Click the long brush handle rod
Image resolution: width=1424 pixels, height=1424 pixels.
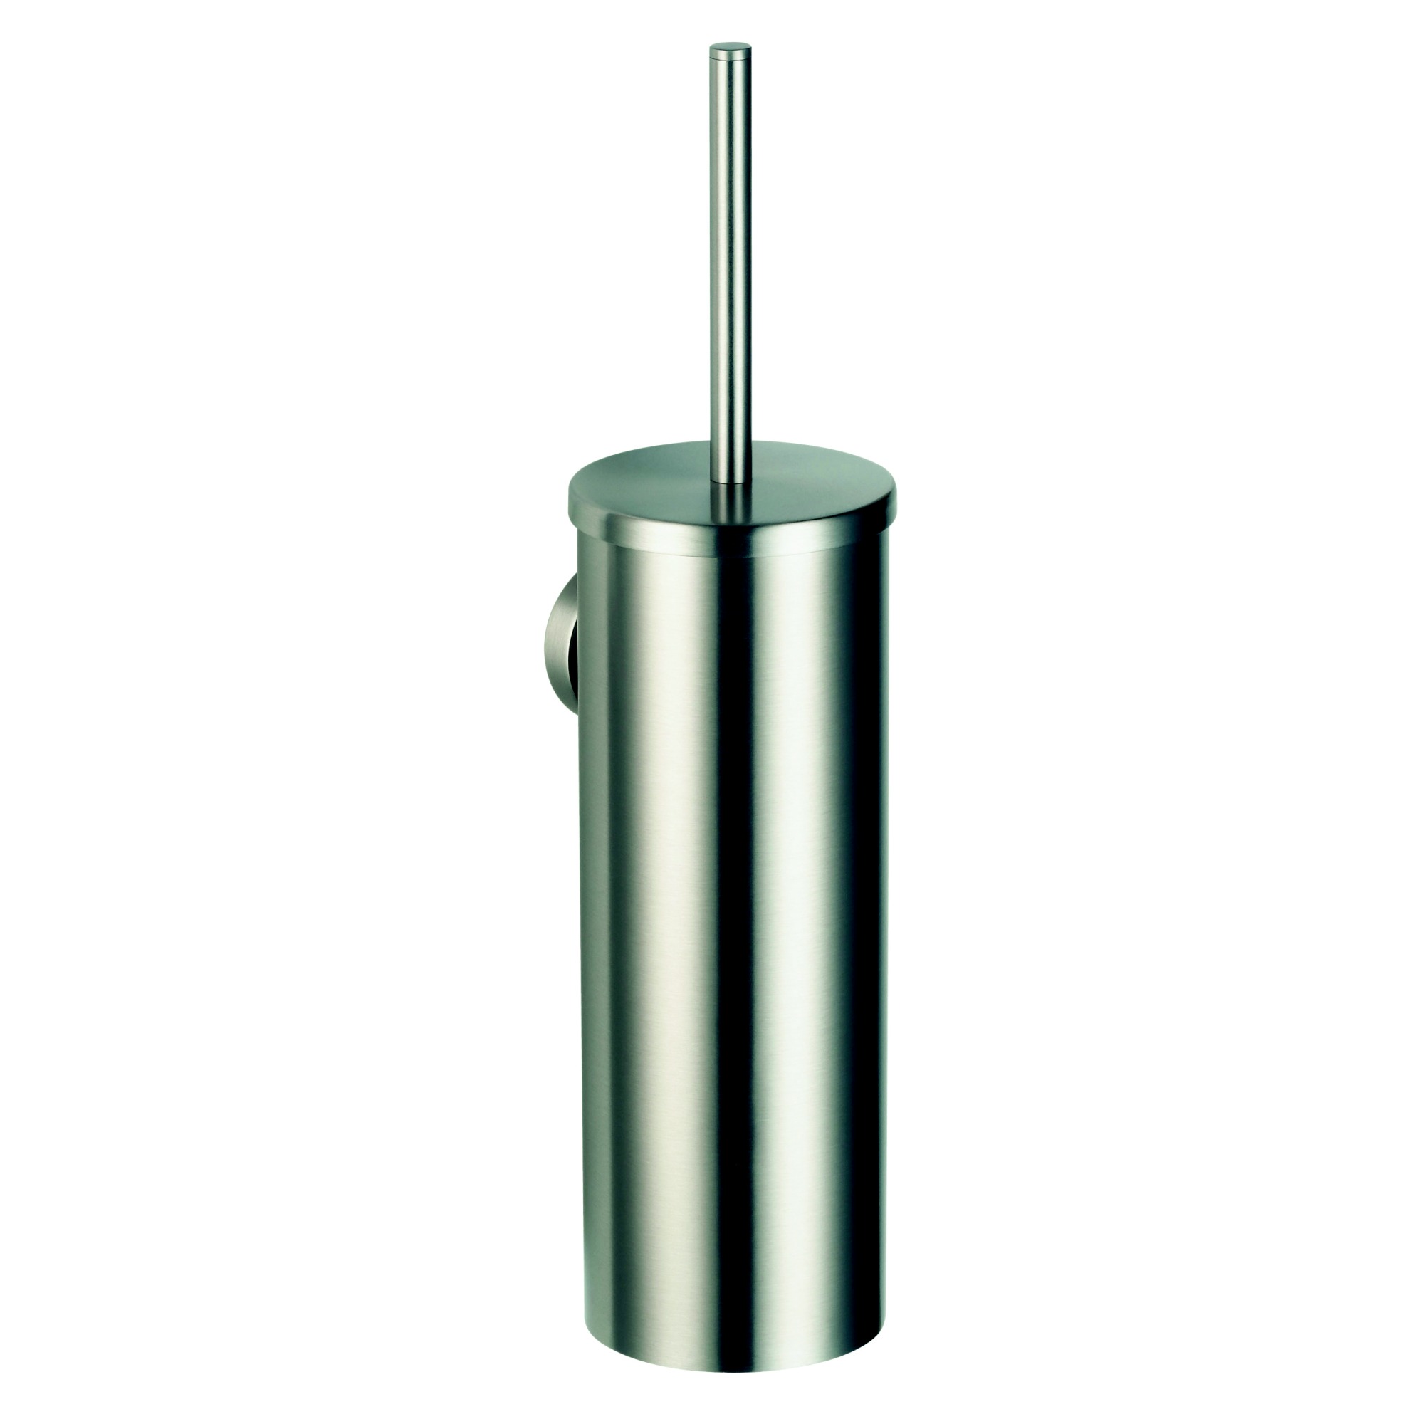(730, 258)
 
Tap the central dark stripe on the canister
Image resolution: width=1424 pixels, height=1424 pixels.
(726, 884)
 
